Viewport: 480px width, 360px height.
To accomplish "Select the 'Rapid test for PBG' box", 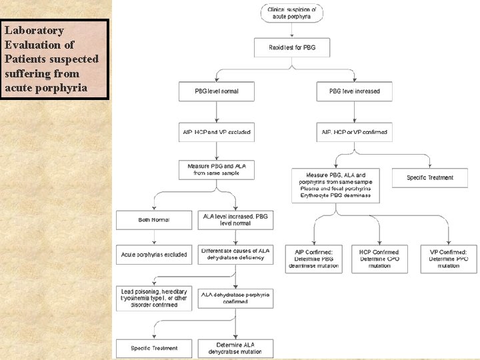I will click(x=291, y=47).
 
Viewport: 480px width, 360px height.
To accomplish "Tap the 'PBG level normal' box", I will click(x=217, y=91).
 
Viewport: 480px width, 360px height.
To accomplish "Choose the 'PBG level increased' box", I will click(x=354, y=91).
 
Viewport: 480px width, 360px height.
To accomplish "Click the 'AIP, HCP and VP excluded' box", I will click(x=217, y=132).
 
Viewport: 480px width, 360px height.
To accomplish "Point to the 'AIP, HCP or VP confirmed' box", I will click(x=354, y=132).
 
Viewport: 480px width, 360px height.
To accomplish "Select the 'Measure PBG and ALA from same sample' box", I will click(x=217, y=169).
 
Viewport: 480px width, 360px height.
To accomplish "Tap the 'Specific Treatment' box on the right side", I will click(x=431, y=177).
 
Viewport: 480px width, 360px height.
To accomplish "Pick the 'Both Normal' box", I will click(x=154, y=220).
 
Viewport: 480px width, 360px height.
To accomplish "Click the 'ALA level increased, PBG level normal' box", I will click(x=235, y=219).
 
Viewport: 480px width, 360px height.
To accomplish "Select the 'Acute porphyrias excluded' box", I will click(x=154, y=255).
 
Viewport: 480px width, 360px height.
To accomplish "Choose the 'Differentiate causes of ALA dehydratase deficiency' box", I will click(x=235, y=255).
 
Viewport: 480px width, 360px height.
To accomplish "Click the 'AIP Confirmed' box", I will click(x=313, y=259).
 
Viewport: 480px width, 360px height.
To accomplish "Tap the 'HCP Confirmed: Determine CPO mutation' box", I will click(x=379, y=259).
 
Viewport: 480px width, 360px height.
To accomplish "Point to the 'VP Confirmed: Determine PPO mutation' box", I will click(x=448, y=259).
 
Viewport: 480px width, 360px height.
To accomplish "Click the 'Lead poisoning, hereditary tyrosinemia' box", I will click(x=154, y=298).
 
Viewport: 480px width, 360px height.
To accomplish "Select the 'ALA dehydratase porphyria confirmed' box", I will click(x=235, y=298).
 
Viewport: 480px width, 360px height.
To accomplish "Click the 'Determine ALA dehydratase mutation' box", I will click(x=235, y=348).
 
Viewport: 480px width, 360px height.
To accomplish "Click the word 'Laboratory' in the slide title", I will click(x=34, y=31).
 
